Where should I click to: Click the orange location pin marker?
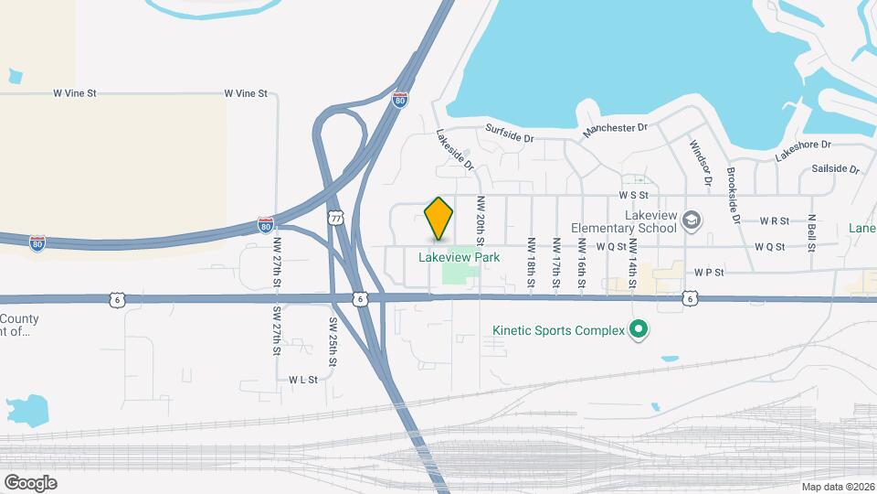(x=439, y=218)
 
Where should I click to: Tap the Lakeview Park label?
(x=459, y=258)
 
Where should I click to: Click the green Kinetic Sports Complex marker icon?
(x=639, y=330)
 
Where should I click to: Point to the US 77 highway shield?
(x=336, y=218)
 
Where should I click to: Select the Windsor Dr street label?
(x=700, y=161)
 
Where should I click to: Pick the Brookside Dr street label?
(x=733, y=195)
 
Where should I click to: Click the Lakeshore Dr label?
(x=803, y=150)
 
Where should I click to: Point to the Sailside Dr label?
(x=835, y=170)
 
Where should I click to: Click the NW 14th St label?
(x=632, y=263)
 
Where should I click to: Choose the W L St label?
(x=302, y=379)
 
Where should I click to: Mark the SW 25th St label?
(x=333, y=342)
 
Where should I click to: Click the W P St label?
(x=708, y=273)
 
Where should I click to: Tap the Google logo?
(x=30, y=482)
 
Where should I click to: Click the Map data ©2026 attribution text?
(x=838, y=487)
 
